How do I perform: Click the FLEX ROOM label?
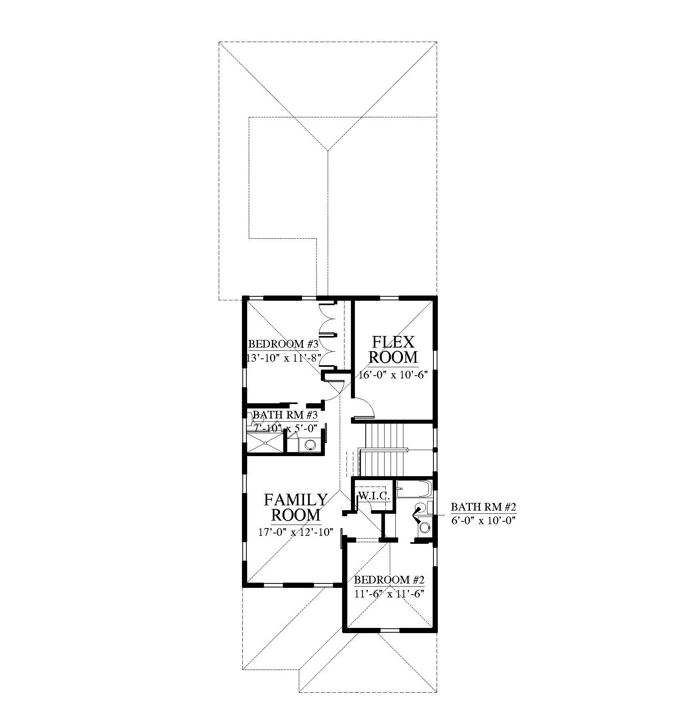(x=394, y=349)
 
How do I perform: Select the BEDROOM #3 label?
(x=283, y=344)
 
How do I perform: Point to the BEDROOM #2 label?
(x=389, y=580)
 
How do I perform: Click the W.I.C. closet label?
(x=374, y=496)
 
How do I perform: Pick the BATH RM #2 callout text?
(x=484, y=507)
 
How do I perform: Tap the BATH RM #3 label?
(x=285, y=414)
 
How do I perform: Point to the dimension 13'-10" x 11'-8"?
(x=283, y=358)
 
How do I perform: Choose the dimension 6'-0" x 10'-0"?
(x=484, y=521)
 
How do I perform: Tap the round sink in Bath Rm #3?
(x=310, y=444)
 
